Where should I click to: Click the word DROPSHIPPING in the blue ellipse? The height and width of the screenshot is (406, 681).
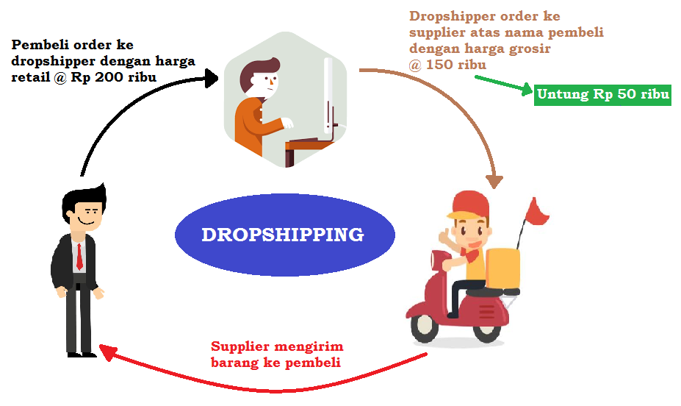point(283,235)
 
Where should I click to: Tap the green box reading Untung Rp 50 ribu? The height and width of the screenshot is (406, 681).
point(602,95)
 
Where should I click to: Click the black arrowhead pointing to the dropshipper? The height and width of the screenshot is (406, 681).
point(214,76)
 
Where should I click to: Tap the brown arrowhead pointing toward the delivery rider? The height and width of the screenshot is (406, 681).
point(495,180)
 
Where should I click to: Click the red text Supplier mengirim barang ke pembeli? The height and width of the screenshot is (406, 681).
point(276,355)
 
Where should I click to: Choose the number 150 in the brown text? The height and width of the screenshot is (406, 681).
point(443,65)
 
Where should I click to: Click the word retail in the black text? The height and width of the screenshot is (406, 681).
point(29,78)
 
